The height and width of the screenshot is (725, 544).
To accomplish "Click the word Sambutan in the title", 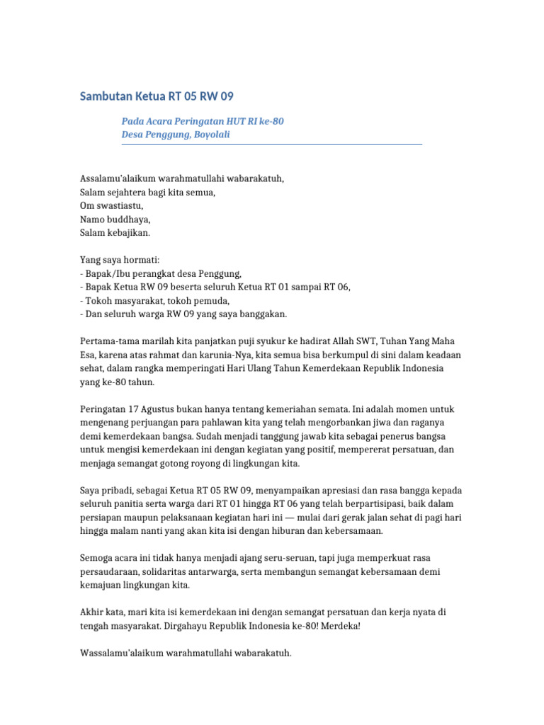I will pos(107,96).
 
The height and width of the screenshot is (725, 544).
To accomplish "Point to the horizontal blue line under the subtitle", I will pos(272,144).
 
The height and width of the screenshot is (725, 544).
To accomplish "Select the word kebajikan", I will pos(128,232).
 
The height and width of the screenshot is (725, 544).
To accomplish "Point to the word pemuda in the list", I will pos(214,300).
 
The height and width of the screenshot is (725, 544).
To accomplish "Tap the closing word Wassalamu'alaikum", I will pos(120,653).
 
